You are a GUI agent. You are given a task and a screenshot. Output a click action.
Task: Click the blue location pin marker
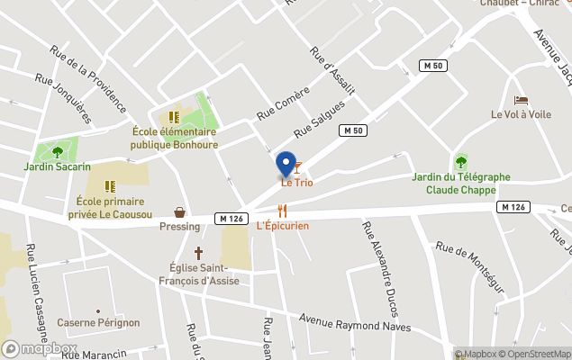pos(286,164)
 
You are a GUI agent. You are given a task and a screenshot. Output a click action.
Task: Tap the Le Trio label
pos(297,184)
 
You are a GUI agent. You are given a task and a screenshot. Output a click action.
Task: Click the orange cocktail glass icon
pos(298,166)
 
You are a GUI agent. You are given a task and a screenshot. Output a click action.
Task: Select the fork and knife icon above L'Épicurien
pos(282,211)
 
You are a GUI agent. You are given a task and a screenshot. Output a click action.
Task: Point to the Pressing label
pos(180,226)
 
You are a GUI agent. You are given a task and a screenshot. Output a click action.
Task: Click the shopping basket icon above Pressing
pos(180,212)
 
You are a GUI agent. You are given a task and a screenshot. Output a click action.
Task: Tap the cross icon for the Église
pos(197,253)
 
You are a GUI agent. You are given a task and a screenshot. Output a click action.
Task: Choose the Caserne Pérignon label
pos(98,322)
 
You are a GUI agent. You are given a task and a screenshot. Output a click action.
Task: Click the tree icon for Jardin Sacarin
pos(58,152)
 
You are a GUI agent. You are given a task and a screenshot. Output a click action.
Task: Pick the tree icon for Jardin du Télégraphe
pos(461,162)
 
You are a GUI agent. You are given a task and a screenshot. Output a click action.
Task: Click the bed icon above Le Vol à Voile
pos(521,100)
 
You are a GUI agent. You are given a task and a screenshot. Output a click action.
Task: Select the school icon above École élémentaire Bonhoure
pos(174,117)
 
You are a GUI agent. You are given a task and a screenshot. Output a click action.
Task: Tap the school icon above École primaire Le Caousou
pos(110,186)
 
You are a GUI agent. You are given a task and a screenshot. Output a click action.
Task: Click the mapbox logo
pos(39,348)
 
